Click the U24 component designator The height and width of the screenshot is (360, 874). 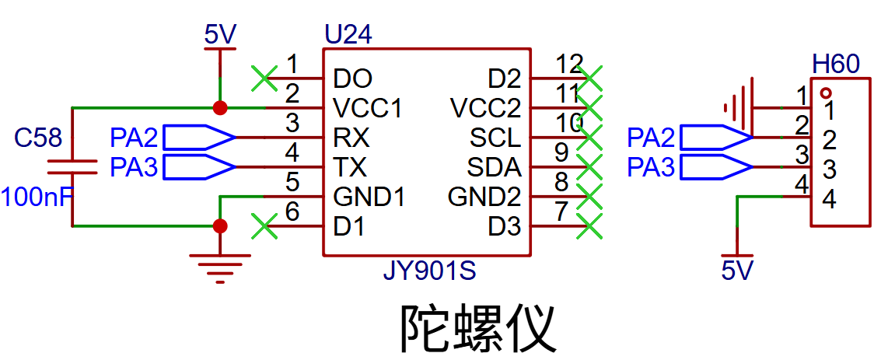pyautogui.click(x=347, y=35)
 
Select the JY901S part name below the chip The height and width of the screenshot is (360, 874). pyautogui.click(x=428, y=272)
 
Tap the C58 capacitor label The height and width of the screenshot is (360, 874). pyautogui.click(x=38, y=138)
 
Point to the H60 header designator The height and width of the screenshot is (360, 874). pyautogui.click(x=835, y=65)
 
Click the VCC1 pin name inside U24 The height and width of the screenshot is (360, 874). pyautogui.click(x=367, y=107)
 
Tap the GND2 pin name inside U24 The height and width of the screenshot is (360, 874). pyautogui.click(x=484, y=197)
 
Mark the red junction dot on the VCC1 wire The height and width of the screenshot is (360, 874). pyautogui.click(x=220, y=107)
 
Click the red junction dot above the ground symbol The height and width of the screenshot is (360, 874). pyautogui.click(x=220, y=226)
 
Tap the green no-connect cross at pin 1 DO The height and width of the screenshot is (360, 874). pyautogui.click(x=264, y=77)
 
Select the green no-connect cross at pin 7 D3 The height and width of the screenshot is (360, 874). pyautogui.click(x=591, y=227)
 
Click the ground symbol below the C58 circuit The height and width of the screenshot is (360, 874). pyautogui.click(x=220, y=265)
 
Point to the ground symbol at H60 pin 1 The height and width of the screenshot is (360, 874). pyautogui.click(x=739, y=107)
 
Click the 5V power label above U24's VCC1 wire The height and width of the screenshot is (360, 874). pyautogui.click(x=220, y=35)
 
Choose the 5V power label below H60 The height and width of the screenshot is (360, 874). pyautogui.click(x=738, y=271)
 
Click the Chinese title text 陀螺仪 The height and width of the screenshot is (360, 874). pyautogui.click(x=477, y=327)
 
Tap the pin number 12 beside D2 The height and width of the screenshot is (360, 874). pyautogui.click(x=570, y=62)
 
